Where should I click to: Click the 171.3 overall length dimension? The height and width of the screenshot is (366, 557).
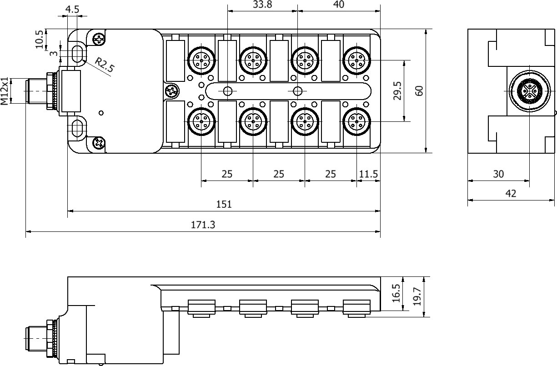203,225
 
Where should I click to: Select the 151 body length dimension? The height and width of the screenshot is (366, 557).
224,204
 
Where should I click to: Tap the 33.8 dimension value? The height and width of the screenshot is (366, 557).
262,4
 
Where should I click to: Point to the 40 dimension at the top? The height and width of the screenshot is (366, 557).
338,4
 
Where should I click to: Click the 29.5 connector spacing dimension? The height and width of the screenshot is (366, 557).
397,91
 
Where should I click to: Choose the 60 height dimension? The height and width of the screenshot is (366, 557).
419,91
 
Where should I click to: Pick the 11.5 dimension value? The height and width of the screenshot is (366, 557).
368,174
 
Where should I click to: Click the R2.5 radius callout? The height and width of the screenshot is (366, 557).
105,65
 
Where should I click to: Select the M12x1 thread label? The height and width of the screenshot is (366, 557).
5,91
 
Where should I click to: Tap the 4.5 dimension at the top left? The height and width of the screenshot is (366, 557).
72,10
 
